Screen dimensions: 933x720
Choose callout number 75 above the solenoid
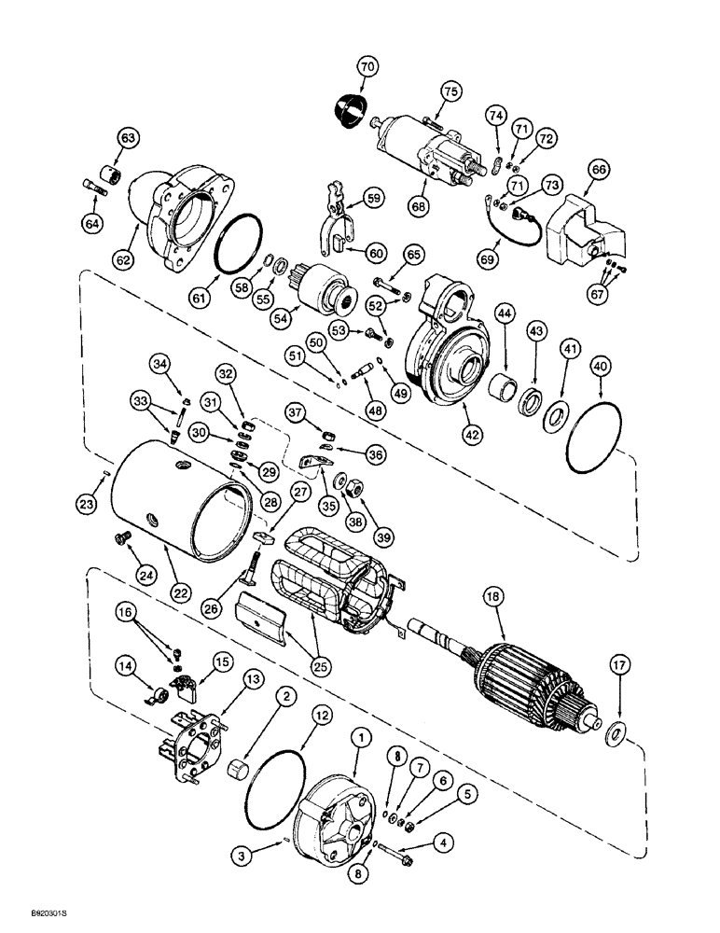pyautogui.click(x=451, y=91)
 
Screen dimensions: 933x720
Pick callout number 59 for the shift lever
pyautogui.click(x=373, y=198)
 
